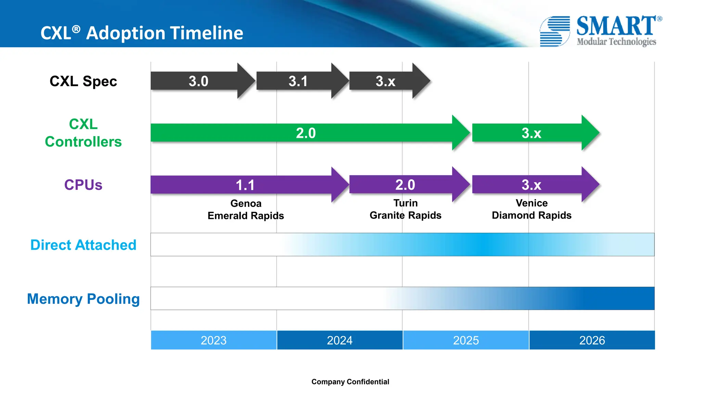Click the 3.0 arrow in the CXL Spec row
tap(199, 81)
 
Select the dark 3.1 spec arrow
tap(298, 81)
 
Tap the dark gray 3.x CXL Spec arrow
tap(386, 81)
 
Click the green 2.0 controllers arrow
tap(306, 133)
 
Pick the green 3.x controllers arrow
tap(532, 133)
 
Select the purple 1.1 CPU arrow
tap(245, 185)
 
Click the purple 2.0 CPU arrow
tap(405, 185)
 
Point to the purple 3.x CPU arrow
tap(532, 185)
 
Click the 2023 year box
tap(214, 340)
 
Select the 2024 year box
tap(340, 340)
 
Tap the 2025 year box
tap(466, 340)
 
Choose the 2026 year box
tap(592, 340)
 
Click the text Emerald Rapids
tap(246, 216)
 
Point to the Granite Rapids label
tap(405, 215)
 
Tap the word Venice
tap(532, 203)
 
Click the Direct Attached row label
tap(83, 245)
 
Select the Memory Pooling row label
tap(83, 299)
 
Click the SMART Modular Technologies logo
tap(601, 31)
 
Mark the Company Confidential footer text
tap(350, 382)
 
